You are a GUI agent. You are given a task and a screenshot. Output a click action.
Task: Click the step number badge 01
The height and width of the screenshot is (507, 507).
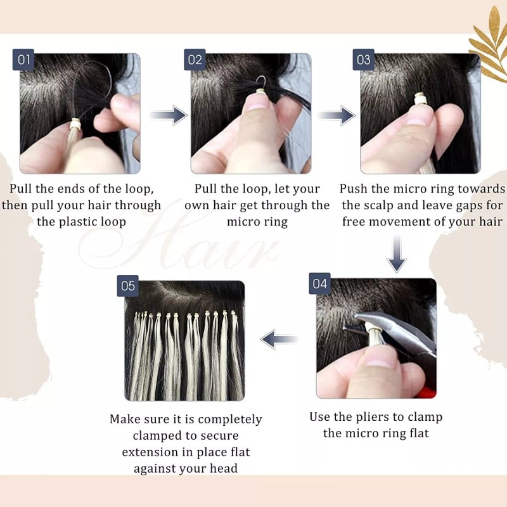point(24,61)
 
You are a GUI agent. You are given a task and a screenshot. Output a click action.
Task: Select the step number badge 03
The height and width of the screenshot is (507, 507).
point(364,61)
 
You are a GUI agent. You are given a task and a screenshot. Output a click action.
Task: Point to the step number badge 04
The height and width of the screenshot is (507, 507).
point(319,284)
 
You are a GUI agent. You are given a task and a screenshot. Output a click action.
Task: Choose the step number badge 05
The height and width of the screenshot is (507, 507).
point(128,286)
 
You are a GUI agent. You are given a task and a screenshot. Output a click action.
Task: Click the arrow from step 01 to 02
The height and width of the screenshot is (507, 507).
point(169,115)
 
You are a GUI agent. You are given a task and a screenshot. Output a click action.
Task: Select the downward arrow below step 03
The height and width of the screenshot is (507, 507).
point(397,253)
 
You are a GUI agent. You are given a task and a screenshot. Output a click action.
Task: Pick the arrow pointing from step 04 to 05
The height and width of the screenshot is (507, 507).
point(280,339)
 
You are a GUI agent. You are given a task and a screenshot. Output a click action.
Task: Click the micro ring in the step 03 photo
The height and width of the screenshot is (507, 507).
point(418,99)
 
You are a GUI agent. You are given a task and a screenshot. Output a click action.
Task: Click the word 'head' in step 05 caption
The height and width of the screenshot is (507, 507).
point(222,468)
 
